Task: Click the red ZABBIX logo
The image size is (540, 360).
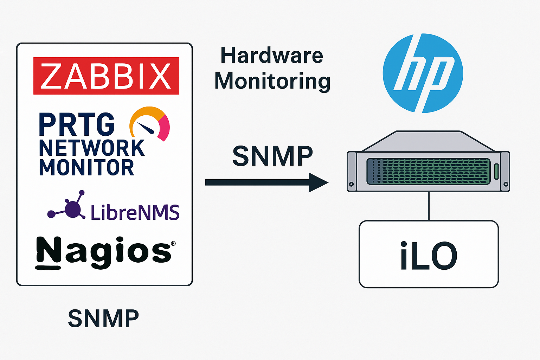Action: (x=106, y=76)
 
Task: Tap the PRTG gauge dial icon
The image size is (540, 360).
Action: (x=149, y=123)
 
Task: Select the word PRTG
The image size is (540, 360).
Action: (x=77, y=124)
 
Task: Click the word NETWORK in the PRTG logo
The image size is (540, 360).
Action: (x=91, y=148)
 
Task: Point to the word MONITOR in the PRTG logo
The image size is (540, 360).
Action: (x=86, y=167)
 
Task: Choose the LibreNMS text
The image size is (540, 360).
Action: (x=135, y=212)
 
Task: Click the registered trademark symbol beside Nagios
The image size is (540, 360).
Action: (x=173, y=244)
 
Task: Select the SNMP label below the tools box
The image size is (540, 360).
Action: (x=103, y=319)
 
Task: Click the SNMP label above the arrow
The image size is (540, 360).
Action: (x=272, y=156)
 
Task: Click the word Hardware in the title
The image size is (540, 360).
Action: (x=271, y=56)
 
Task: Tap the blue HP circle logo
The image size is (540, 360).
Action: (x=423, y=73)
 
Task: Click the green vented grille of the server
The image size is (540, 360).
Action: (x=428, y=171)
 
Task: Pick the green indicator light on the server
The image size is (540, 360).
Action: (x=497, y=171)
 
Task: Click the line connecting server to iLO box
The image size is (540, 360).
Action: (x=429, y=206)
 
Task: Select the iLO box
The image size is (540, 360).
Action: (x=429, y=254)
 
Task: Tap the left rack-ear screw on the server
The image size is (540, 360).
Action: (x=351, y=184)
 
